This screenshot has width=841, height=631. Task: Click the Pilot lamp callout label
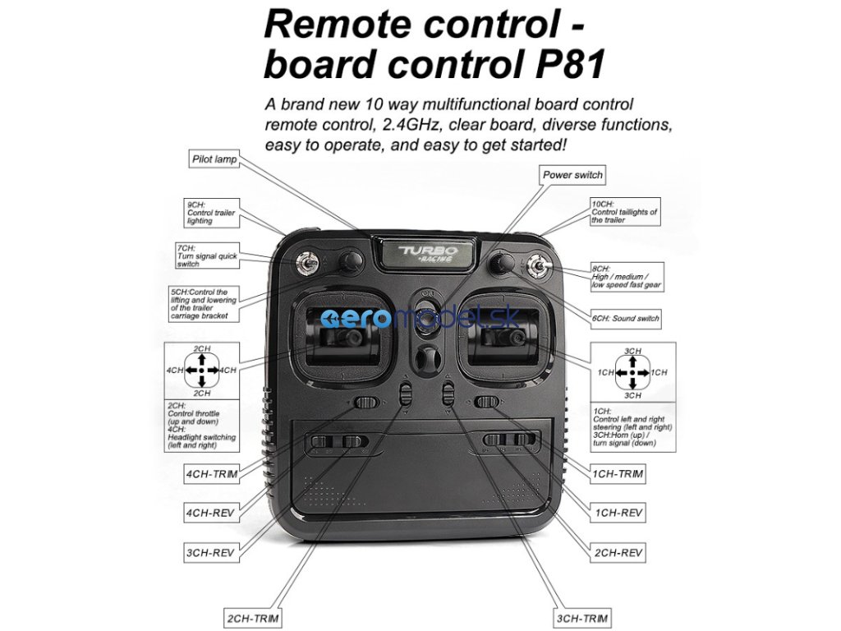[x=214, y=159]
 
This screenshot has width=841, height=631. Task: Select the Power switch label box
[x=572, y=175]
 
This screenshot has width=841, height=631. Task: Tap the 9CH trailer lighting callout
[x=212, y=212]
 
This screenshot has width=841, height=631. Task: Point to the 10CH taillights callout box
[x=624, y=212]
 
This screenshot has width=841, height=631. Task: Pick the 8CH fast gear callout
[x=627, y=277]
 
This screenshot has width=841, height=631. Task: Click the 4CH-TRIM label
[x=211, y=474]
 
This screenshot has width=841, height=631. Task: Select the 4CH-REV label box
[x=210, y=513]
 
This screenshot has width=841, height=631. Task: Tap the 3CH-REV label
[x=210, y=553]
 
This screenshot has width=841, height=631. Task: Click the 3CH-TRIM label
[x=582, y=618]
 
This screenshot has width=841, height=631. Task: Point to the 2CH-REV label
[x=618, y=553]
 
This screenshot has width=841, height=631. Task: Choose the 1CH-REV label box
[x=618, y=513]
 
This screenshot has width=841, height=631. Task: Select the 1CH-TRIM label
[x=618, y=474]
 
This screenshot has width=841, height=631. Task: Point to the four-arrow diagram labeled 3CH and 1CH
[x=632, y=373]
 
